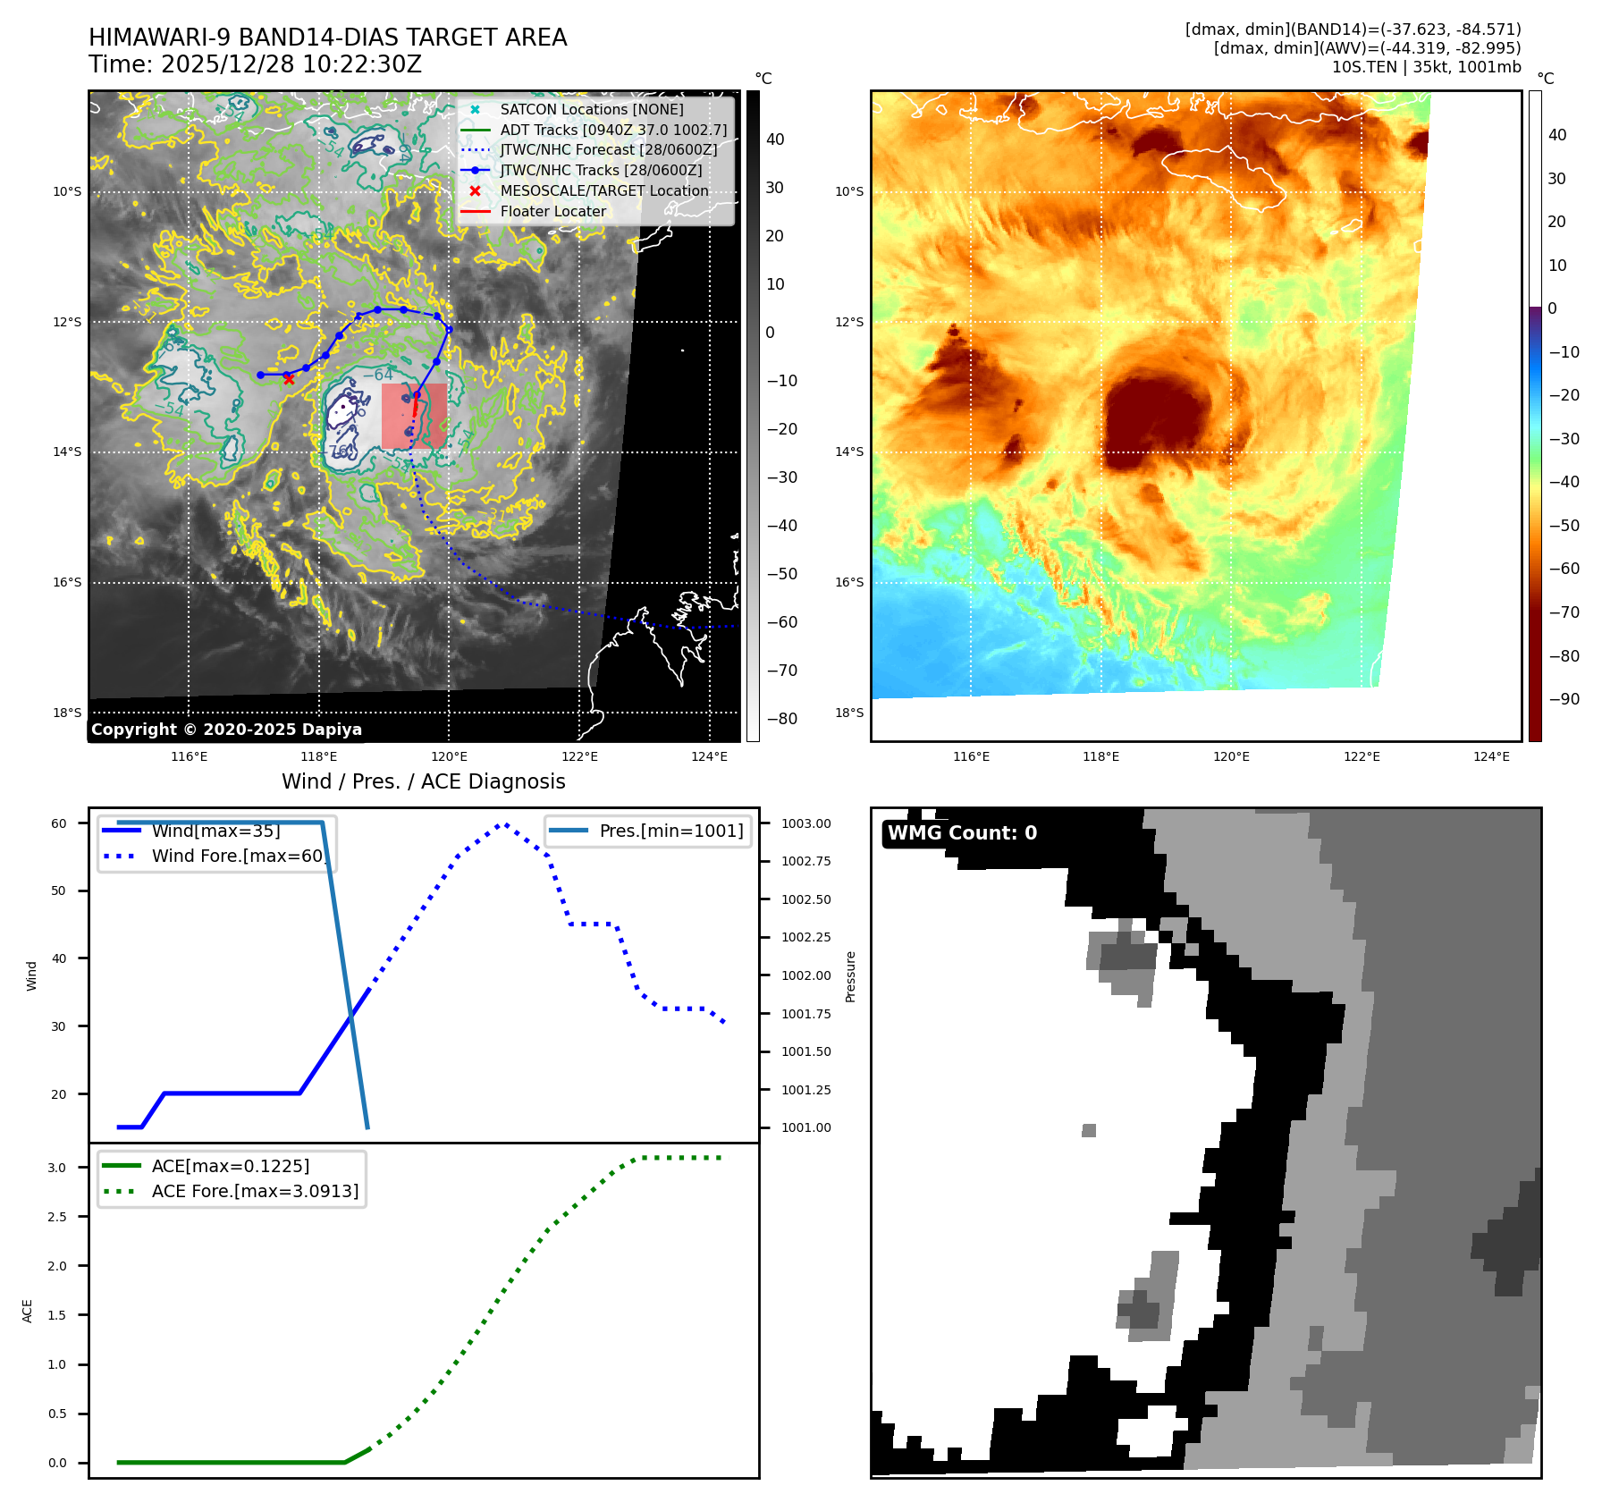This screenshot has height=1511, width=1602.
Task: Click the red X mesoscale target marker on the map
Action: point(289,379)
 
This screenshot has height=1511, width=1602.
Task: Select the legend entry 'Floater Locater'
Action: point(552,212)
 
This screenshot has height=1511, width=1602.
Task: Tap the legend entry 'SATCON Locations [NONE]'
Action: point(591,109)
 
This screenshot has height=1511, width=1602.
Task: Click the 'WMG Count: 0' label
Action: point(962,833)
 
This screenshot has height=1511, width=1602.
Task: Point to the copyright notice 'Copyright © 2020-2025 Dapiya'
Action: point(226,730)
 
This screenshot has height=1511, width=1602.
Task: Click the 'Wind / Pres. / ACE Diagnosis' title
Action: point(423,781)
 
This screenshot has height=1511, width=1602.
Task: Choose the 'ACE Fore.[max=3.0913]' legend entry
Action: point(255,1191)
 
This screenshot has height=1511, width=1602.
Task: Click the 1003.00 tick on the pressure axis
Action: point(805,823)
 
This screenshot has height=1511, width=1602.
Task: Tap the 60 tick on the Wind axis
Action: point(59,823)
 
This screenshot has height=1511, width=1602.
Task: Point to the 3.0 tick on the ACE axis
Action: point(57,1168)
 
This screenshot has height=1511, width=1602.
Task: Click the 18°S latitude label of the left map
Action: point(67,713)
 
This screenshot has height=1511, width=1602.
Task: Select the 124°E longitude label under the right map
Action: point(1491,756)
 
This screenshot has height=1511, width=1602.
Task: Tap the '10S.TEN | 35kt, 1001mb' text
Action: point(1426,67)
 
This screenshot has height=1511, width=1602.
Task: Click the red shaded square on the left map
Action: point(414,416)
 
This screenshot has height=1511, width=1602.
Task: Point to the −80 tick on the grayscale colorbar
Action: point(781,719)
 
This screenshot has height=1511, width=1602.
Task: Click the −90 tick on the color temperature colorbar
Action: point(1564,699)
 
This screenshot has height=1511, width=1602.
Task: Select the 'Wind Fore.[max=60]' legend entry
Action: point(238,856)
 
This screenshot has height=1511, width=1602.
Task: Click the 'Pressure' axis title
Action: point(850,976)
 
